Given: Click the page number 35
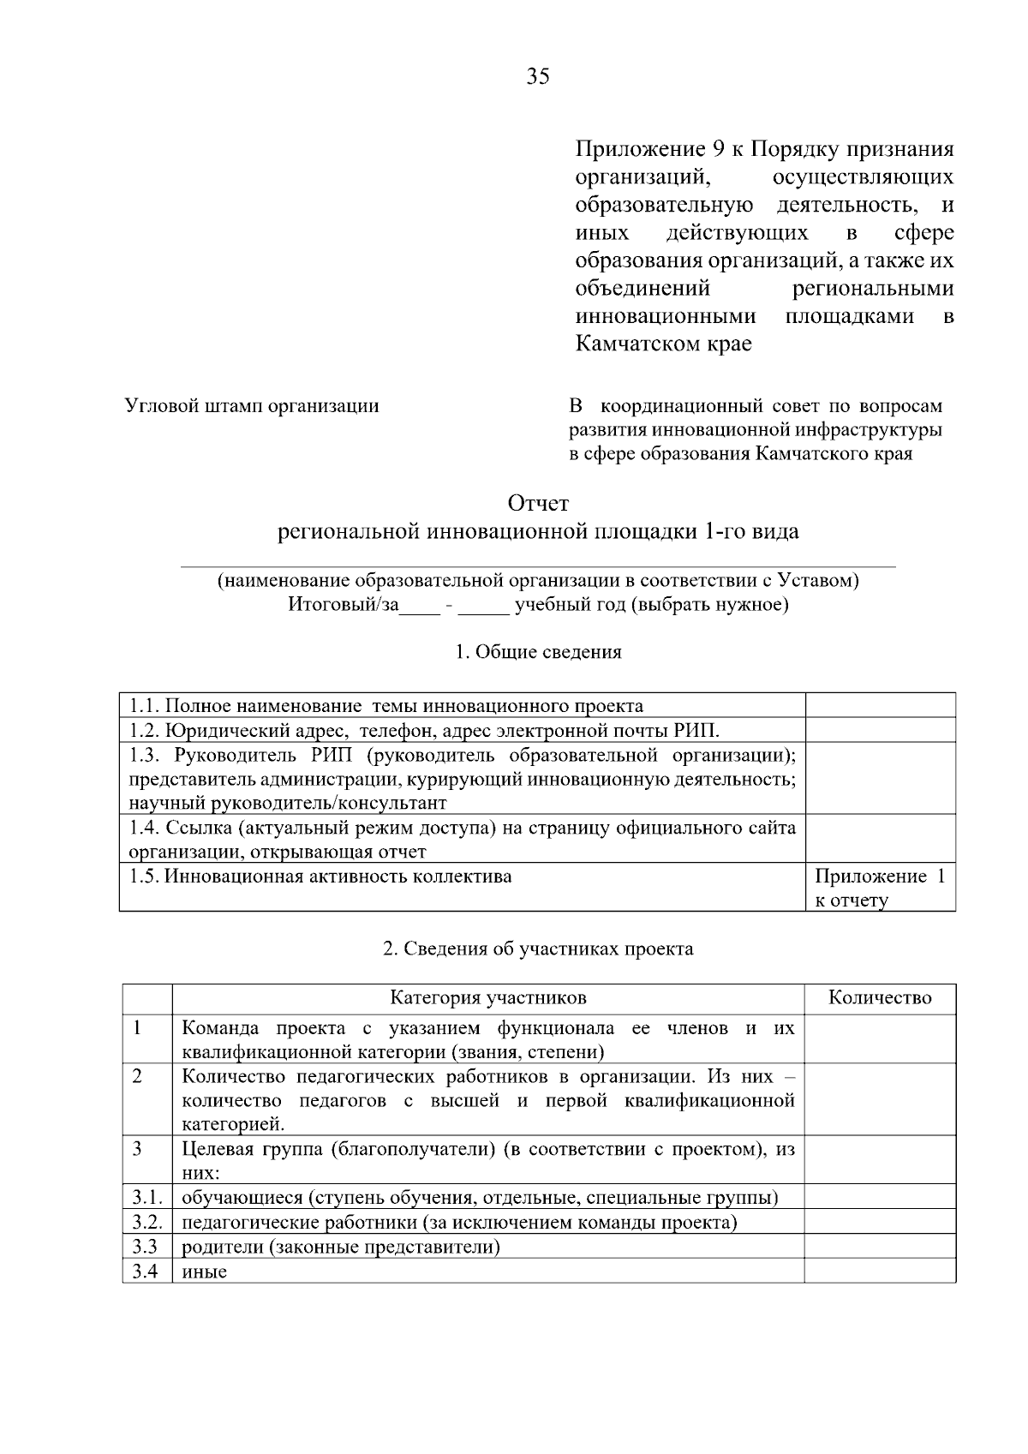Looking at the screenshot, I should (x=538, y=77).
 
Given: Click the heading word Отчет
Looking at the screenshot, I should (x=538, y=503).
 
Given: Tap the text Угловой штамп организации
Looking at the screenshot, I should (x=252, y=405).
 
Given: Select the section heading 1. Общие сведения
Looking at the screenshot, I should (x=538, y=652).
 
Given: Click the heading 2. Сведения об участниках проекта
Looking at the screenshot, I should (x=538, y=949).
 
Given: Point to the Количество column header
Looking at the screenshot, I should (x=880, y=998).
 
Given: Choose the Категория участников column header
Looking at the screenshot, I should (x=488, y=998).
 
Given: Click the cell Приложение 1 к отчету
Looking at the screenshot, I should (x=880, y=888).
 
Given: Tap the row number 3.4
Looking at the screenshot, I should (x=146, y=1271).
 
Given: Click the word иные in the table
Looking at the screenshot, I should (x=205, y=1272).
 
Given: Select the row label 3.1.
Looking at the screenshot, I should (x=146, y=1197).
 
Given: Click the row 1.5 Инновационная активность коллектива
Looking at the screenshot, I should (x=320, y=877).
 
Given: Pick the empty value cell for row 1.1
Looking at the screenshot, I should (x=880, y=706).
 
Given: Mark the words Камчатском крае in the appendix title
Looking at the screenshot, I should (x=663, y=344).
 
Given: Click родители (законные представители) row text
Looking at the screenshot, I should (x=341, y=1247).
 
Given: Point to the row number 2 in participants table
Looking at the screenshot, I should (x=138, y=1076).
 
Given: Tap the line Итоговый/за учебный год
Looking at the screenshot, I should (x=538, y=606).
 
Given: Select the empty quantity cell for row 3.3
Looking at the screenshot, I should (x=880, y=1247).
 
